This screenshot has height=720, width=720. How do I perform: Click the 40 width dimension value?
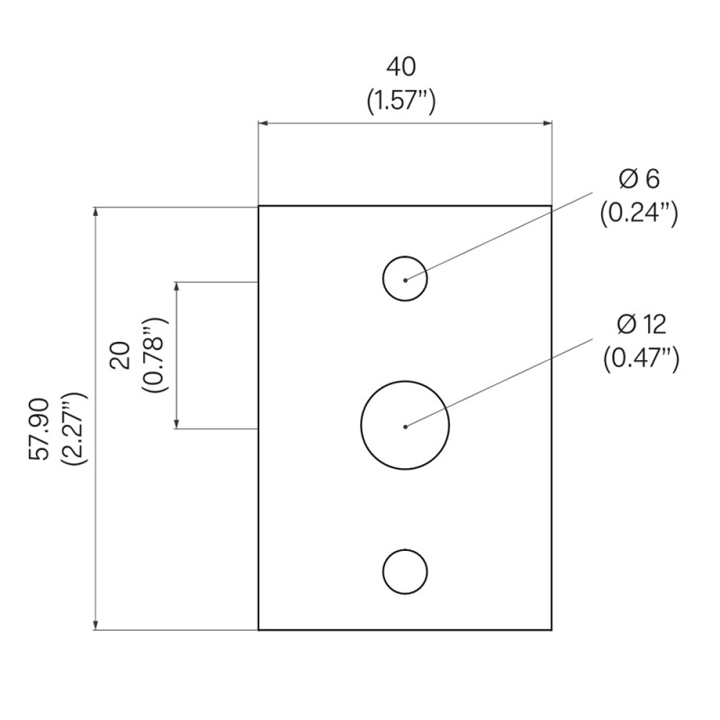pyautogui.click(x=400, y=67)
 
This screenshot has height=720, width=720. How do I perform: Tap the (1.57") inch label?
pyautogui.click(x=400, y=101)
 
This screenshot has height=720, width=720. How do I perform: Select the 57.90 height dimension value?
pyautogui.click(x=40, y=429)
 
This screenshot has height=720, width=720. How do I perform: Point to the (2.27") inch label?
pyautogui.click(x=74, y=429)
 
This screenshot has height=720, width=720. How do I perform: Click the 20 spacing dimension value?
pyautogui.click(x=121, y=355)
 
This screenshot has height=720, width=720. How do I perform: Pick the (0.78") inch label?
pyautogui.click(x=156, y=355)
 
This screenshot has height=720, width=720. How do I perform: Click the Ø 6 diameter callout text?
pyautogui.click(x=639, y=179)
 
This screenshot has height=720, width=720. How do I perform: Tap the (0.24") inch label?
pyautogui.click(x=639, y=213)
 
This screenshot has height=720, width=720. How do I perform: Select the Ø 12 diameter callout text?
pyautogui.click(x=641, y=325)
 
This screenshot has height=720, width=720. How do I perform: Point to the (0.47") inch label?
pyautogui.click(x=641, y=358)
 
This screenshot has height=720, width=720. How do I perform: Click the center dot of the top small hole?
pyautogui.click(x=405, y=280)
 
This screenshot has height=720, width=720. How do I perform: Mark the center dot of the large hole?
pyautogui.click(x=405, y=427)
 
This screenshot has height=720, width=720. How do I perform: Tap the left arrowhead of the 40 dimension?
pyautogui.click(x=263, y=123)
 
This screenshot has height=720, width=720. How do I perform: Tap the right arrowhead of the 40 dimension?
pyautogui.click(x=547, y=123)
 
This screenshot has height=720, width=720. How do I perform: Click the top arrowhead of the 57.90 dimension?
pyautogui.click(x=95, y=211)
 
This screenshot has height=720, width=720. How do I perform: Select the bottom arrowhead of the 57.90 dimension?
pyautogui.click(x=95, y=625)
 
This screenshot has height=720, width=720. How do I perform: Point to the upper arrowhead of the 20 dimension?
pyautogui.click(x=176, y=286)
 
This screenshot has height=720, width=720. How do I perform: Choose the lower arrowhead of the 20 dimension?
pyautogui.click(x=176, y=424)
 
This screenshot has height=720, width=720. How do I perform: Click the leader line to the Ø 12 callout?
pyautogui.click(x=499, y=383)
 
